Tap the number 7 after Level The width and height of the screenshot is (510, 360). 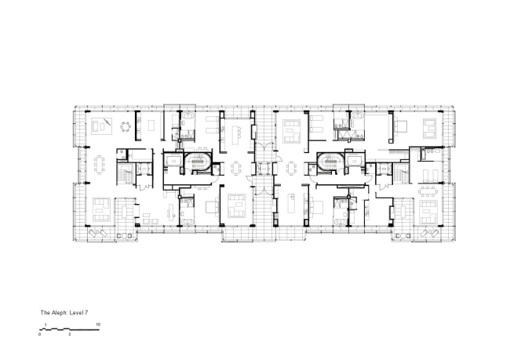pos(91,312)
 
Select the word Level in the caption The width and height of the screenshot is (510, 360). pos(79,312)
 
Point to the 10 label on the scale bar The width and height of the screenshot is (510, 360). pos(98,324)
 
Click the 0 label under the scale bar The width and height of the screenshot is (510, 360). pos(40,334)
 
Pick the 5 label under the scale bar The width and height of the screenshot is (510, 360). pos(69,334)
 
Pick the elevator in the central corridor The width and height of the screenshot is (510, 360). pos(263,165)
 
